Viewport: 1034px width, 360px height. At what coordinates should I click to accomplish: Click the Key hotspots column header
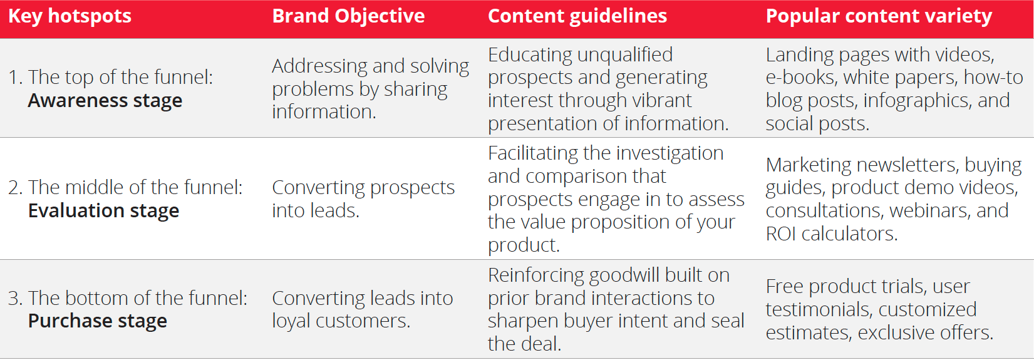tap(70, 17)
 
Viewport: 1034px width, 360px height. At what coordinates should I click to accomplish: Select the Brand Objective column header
tap(348, 17)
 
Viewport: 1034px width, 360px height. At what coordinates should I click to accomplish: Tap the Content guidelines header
tap(577, 17)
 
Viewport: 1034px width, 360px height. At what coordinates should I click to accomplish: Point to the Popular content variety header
tap(879, 17)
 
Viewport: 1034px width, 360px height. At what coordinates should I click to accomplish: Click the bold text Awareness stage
tap(105, 101)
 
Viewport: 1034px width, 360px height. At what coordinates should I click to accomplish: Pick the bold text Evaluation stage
tap(103, 211)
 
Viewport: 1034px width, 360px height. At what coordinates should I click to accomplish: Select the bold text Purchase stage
tap(98, 321)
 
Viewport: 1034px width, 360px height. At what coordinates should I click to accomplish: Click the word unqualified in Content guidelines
tap(625, 56)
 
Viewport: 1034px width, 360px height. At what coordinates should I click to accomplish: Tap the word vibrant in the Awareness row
tap(662, 101)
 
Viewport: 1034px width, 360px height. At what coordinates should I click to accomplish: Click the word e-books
tap(802, 78)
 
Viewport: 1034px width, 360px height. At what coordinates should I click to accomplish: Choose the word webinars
tap(930, 211)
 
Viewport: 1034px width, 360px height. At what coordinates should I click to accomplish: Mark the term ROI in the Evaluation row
tap(780, 234)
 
